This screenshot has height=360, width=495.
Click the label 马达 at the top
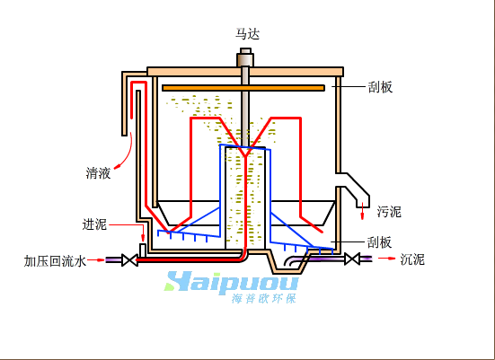click(x=248, y=34)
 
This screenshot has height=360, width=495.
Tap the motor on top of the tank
click(x=245, y=57)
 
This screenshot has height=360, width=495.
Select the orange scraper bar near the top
click(x=243, y=88)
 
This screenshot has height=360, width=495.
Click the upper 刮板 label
click(x=380, y=87)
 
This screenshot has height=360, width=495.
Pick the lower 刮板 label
click(x=380, y=242)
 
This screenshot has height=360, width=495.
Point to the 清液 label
click(x=98, y=173)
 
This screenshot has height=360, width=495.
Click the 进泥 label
click(x=94, y=224)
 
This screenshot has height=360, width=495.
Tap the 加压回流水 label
click(x=55, y=261)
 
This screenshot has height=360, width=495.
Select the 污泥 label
click(x=389, y=211)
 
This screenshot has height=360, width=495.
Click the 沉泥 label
click(x=412, y=259)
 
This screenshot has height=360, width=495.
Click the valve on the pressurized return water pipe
click(x=129, y=260)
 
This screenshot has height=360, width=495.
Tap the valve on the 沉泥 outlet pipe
click(x=352, y=259)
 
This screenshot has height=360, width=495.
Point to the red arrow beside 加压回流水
click(x=96, y=260)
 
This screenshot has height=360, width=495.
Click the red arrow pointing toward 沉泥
click(x=386, y=259)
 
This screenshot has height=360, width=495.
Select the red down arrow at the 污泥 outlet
click(x=362, y=211)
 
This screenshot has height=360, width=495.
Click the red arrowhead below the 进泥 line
click(x=143, y=238)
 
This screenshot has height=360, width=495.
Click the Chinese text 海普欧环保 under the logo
click(x=264, y=298)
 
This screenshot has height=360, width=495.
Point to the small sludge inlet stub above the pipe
click(x=143, y=250)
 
